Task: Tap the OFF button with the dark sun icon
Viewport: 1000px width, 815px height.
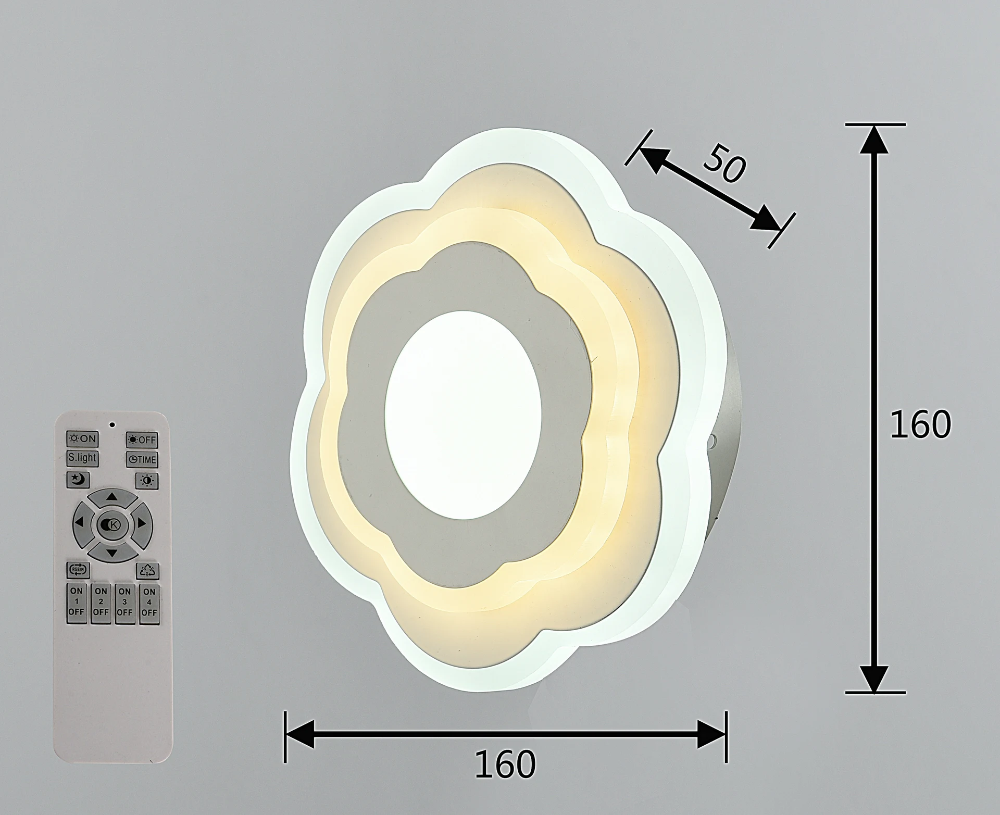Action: coord(142,440)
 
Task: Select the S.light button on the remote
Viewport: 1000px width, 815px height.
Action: coord(82,458)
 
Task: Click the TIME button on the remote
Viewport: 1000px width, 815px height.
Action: coord(142,459)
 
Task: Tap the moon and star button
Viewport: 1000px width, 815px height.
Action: coord(78,480)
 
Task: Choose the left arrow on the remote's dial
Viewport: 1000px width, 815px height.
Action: coord(81,522)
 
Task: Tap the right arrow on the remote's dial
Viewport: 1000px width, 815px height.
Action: coord(141,523)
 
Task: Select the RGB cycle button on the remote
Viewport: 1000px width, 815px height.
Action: coord(78,570)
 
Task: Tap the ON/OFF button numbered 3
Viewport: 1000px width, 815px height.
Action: coord(124,604)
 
